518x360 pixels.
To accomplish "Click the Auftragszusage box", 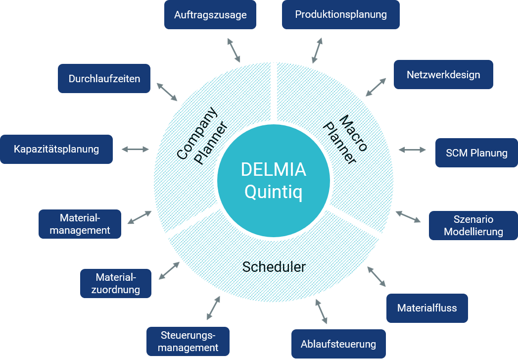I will point(210,14).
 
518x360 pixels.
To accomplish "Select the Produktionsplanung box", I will point(340,14).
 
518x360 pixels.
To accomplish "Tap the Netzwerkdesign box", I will point(443,75).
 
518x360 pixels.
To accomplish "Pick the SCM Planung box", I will point(476,153).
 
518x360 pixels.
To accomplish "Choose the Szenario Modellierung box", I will point(473,225).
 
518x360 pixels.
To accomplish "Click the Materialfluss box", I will point(426,308).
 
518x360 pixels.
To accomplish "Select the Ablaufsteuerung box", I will point(338,344).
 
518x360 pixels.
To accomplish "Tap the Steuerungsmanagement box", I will point(188,341).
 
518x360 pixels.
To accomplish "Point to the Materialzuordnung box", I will point(116,283).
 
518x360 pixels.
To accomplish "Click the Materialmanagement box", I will point(80,224).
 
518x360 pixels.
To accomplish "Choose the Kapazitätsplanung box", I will point(56,149).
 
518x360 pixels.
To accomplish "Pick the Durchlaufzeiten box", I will point(104,78).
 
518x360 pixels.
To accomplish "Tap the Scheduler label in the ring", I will point(274,267).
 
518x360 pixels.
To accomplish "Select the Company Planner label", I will point(202,136).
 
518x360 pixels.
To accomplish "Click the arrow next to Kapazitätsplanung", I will point(135,149).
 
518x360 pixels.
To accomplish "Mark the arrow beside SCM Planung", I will point(412,150).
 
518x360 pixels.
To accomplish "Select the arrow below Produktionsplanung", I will point(317,51).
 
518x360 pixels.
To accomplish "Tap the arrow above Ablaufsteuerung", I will point(321,311).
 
